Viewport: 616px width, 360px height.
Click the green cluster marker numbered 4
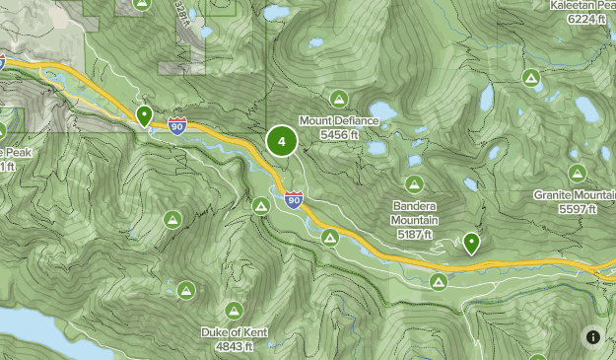coord(282,142)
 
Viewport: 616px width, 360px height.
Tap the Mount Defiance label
coord(339,120)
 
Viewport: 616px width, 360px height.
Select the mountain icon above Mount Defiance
coord(339,99)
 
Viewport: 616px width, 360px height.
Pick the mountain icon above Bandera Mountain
coord(415,183)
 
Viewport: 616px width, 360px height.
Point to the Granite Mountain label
coord(574,195)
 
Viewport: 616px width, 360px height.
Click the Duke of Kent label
coord(234,332)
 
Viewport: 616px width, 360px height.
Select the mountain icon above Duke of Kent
coord(234,310)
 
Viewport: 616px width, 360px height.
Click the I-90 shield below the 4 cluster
coord(294,200)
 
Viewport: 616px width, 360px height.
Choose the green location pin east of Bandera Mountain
coord(472,243)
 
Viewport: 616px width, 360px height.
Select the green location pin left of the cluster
coord(145,116)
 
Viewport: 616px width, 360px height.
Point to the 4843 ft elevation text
coord(234,346)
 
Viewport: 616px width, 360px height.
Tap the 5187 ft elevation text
coord(415,235)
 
